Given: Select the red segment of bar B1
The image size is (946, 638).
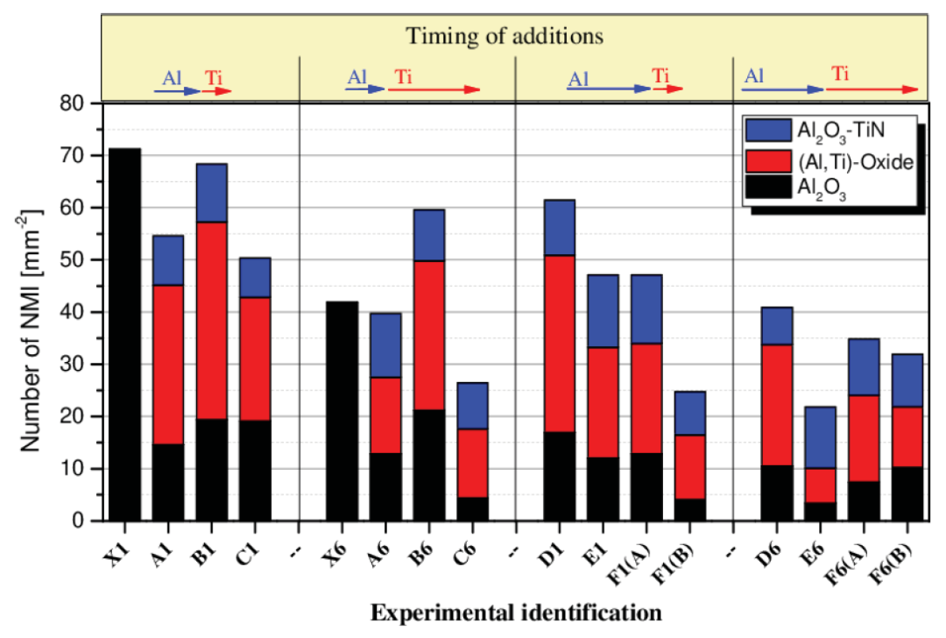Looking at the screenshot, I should point(211,321).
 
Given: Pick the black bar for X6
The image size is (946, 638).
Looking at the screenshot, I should point(342,411).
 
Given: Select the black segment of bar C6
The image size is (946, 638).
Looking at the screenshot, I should point(472,509).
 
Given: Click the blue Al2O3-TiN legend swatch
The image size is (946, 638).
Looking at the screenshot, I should point(770,129).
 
